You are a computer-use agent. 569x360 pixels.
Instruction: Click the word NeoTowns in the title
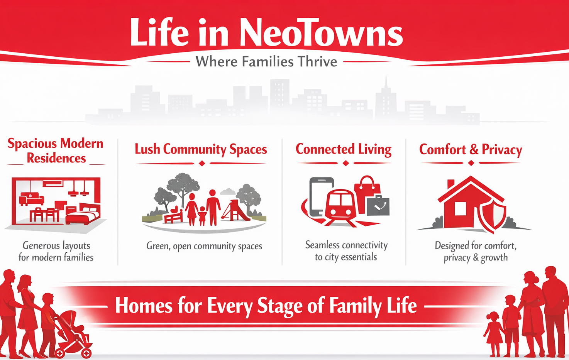tap(321, 33)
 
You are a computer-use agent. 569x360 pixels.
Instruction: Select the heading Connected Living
tap(344, 150)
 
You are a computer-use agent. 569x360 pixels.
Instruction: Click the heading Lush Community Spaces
tap(201, 150)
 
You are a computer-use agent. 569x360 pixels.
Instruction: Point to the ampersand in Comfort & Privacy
tap(474, 150)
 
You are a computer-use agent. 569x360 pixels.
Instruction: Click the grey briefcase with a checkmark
tap(378, 205)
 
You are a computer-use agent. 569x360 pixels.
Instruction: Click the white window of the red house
tap(460, 209)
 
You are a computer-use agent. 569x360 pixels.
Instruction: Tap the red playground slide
tap(236, 210)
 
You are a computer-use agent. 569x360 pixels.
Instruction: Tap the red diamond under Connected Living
tap(345, 163)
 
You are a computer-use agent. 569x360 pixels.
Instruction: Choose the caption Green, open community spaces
tap(204, 246)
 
